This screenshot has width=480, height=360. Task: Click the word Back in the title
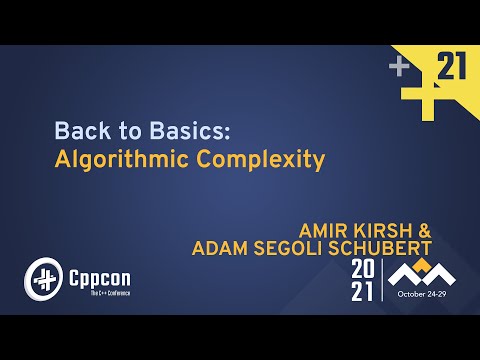pos(75,130)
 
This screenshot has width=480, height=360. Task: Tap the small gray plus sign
pos(400,67)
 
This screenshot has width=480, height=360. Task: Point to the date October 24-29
pos(423,296)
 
